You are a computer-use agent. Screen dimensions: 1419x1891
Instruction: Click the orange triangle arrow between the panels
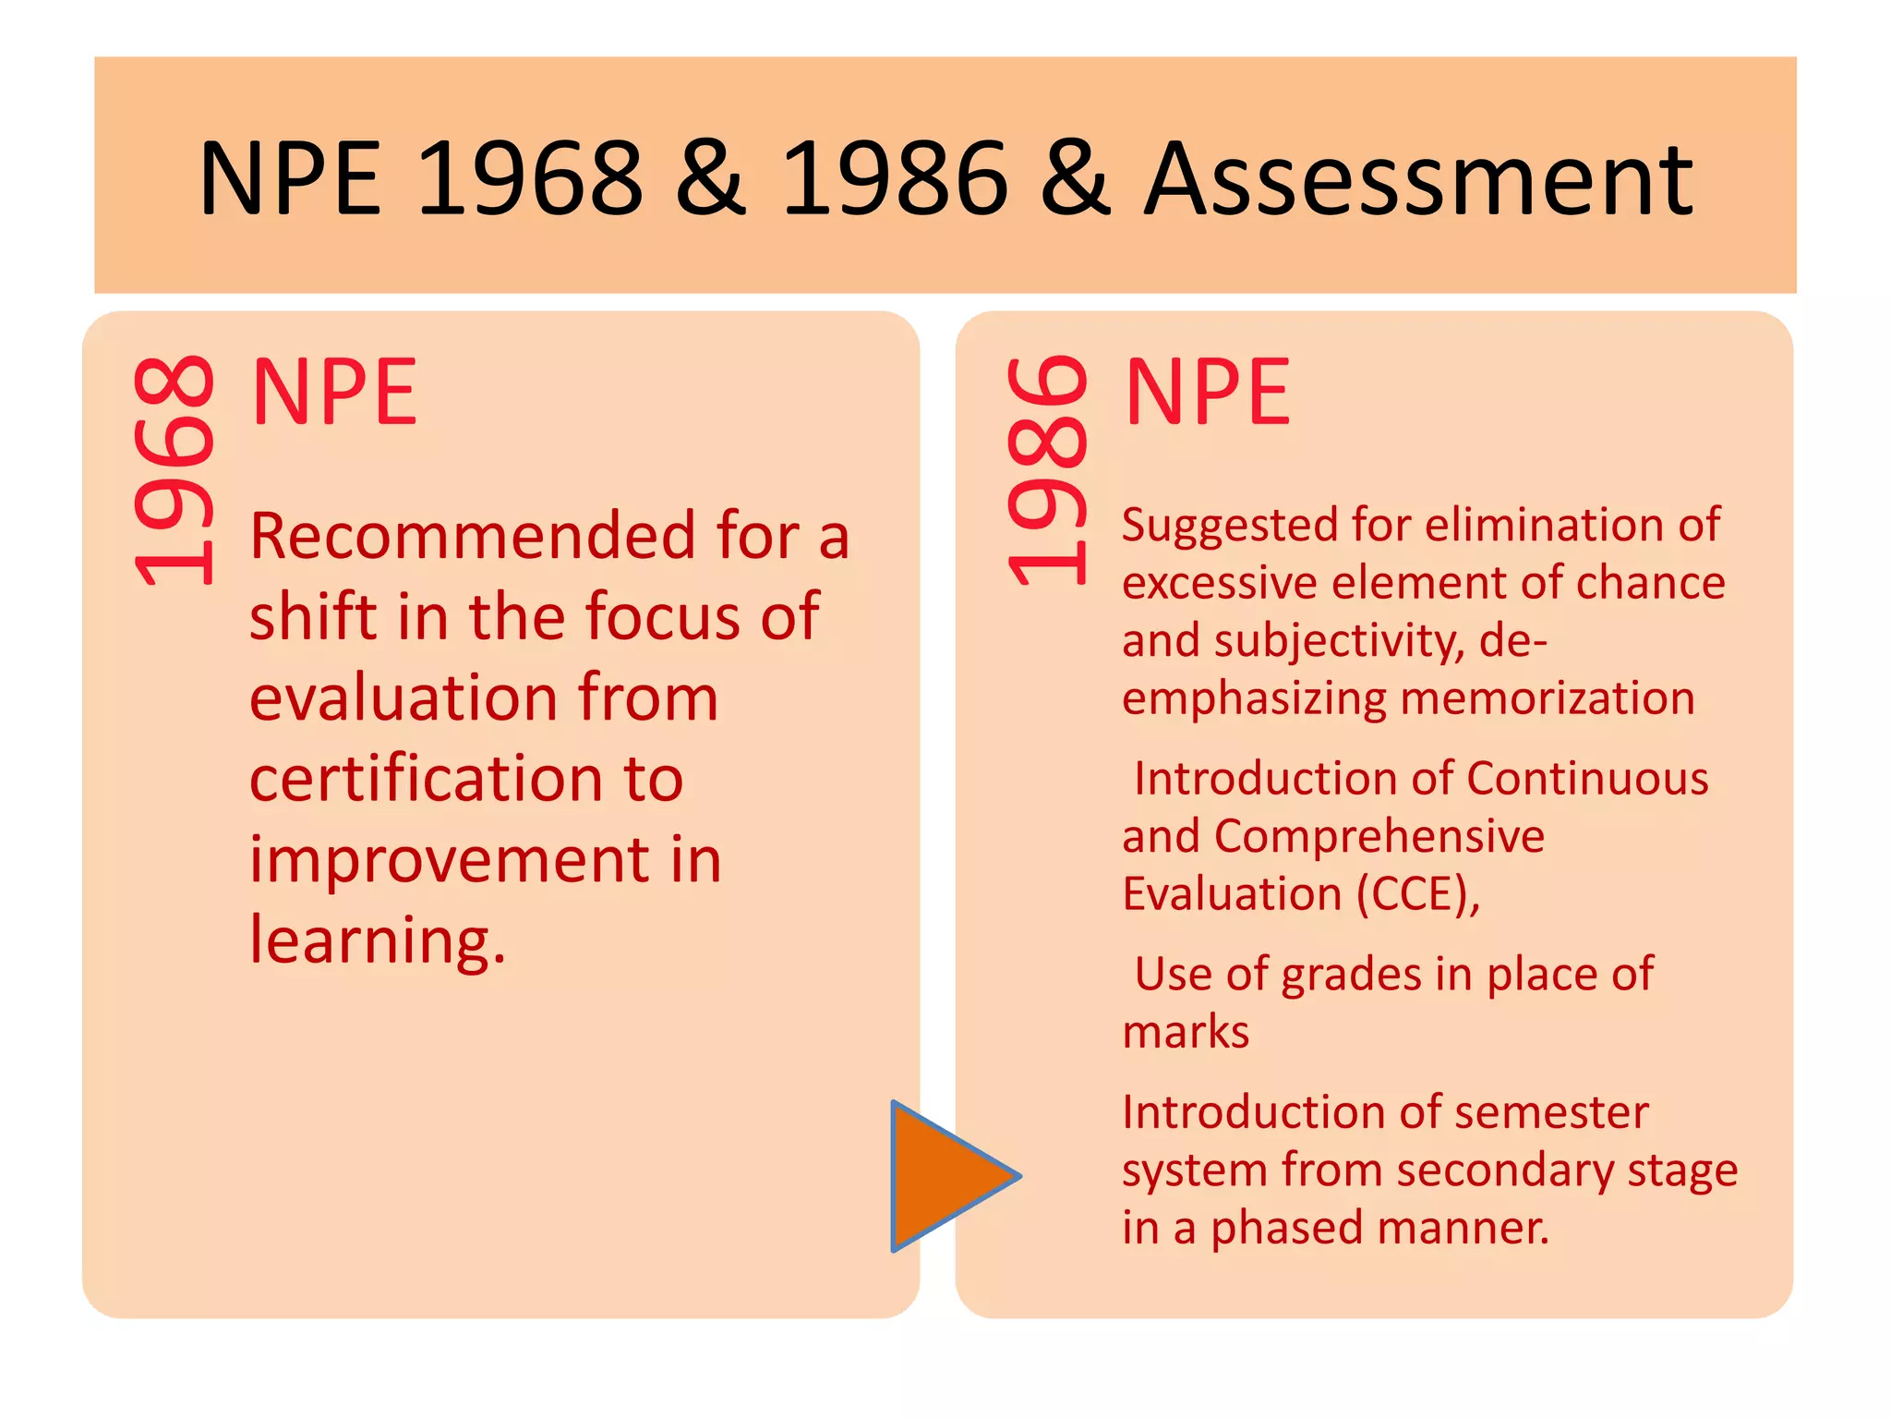pyautogui.click(x=946, y=1176)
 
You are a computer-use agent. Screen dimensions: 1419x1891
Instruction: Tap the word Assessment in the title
pyautogui.click(x=1418, y=180)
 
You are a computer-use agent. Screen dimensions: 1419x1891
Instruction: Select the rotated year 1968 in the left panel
pyautogui.click(x=175, y=471)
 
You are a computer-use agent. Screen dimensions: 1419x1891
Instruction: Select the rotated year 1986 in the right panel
pyautogui.click(x=1048, y=471)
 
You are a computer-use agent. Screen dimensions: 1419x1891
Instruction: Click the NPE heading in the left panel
pyautogui.click(x=334, y=393)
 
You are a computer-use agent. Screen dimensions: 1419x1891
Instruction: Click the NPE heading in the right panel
pyautogui.click(x=1208, y=393)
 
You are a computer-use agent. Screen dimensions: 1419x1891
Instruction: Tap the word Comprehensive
pyautogui.click(x=1379, y=837)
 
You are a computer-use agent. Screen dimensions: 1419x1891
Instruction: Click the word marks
pyautogui.click(x=1186, y=1032)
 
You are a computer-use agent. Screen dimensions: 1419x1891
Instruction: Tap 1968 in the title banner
pyautogui.click(x=530, y=180)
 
